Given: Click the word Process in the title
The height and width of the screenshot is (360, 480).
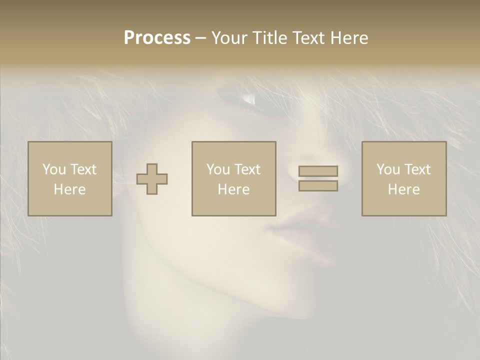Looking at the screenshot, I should [x=157, y=38].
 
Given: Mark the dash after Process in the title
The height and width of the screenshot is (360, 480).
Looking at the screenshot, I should [x=200, y=38].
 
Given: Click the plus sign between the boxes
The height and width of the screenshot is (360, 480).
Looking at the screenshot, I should [x=152, y=179].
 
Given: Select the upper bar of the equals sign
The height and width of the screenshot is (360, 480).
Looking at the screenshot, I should [x=318, y=171].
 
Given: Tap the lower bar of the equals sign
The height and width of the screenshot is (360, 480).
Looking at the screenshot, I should [x=318, y=185].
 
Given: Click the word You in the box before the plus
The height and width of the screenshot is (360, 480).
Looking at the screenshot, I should [x=54, y=169].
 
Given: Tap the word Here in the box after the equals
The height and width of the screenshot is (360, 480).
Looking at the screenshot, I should [x=403, y=189].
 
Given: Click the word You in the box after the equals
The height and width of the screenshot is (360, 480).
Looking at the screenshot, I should [x=388, y=169].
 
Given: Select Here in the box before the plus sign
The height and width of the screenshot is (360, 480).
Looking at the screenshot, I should [x=69, y=189].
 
